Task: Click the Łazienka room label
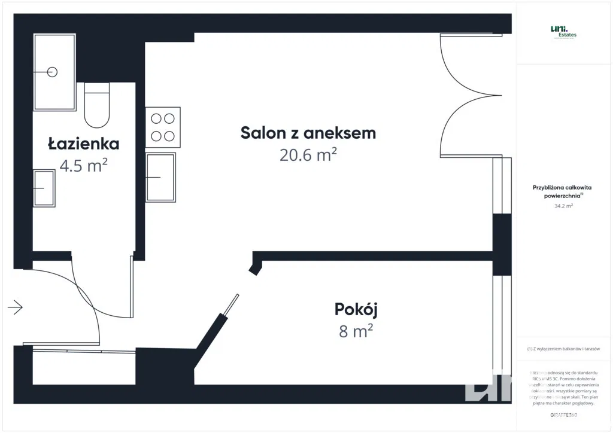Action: click(x=84, y=144)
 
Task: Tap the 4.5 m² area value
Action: click(x=84, y=165)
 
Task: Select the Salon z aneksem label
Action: click(x=308, y=133)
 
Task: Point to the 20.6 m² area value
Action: click(x=308, y=155)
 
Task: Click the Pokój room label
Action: click(x=356, y=309)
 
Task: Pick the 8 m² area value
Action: click(x=356, y=331)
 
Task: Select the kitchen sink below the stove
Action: click(x=161, y=177)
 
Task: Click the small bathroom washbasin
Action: click(x=44, y=188)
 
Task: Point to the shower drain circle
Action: click(x=52, y=72)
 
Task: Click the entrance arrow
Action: click(x=15, y=307)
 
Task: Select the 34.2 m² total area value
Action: click(x=563, y=206)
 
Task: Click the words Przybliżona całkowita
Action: click(x=562, y=187)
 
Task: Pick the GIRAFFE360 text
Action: click(x=563, y=414)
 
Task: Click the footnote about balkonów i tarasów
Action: click(x=563, y=349)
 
